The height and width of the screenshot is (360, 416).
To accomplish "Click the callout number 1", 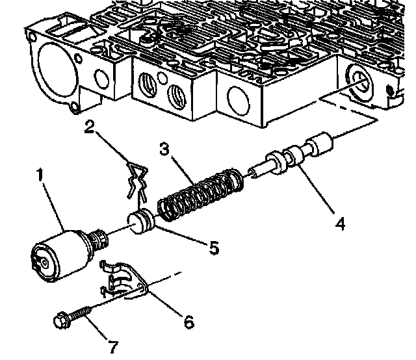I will (40, 175).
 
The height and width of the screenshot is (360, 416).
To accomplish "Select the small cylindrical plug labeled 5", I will (141, 222).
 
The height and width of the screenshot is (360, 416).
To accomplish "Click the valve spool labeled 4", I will (299, 155).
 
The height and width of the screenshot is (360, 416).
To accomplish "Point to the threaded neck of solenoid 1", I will (98, 242).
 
